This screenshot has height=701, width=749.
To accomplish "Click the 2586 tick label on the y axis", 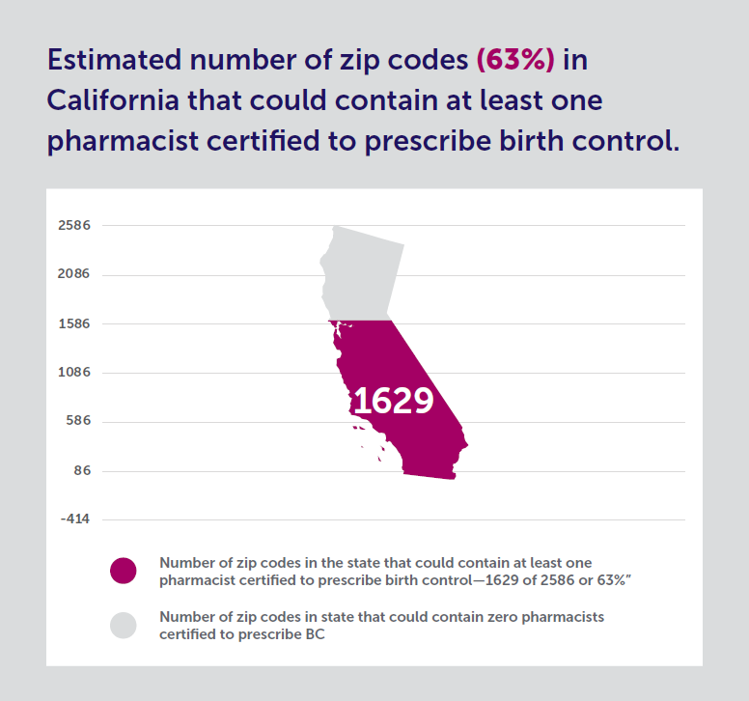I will [74, 226].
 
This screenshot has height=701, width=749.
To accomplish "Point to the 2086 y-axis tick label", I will [74, 274].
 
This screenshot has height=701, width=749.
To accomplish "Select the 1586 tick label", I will [74, 323].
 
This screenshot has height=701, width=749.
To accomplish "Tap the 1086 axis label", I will [74, 373].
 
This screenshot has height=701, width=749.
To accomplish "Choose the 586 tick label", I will [77, 422].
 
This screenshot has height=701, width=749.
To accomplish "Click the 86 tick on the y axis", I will [81, 471].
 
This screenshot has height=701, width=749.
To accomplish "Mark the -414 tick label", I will [74, 519].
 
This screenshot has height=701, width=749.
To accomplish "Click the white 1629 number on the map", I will [393, 401].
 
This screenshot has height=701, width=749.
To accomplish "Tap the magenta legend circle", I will [124, 571].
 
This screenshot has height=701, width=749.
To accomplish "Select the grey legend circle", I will [124, 625].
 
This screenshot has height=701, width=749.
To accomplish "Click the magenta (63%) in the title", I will [515, 60].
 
